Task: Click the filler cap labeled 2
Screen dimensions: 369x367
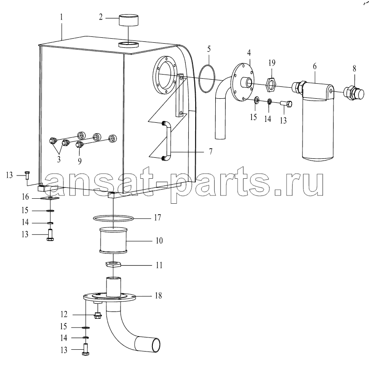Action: pos(128,20)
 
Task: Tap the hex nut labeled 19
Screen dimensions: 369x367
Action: pos(271,85)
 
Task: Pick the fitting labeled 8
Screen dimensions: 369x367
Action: pos(354,93)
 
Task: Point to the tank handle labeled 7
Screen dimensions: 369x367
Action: pos(167,141)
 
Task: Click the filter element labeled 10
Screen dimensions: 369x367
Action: pos(114,240)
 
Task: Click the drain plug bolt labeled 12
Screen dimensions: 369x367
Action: pos(97,316)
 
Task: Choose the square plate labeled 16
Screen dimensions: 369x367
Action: pos(50,198)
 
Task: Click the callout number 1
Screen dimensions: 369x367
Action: pos(61,17)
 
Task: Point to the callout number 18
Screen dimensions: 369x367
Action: pos(158,296)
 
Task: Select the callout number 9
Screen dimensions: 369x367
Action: pos(80,161)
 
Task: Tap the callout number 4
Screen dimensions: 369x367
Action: pos(249,53)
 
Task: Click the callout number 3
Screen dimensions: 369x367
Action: pos(59,159)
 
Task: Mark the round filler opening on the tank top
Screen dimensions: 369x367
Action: pos(128,45)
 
